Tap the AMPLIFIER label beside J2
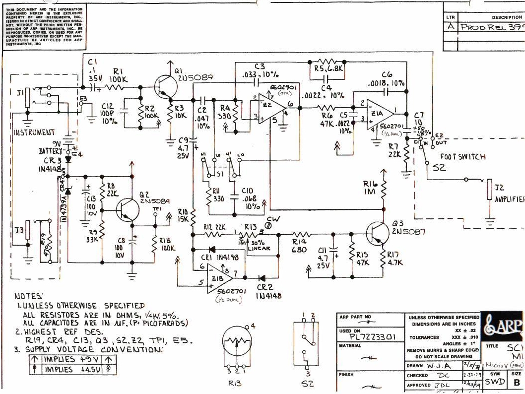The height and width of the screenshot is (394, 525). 509,199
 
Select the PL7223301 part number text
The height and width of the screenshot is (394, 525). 368,337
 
